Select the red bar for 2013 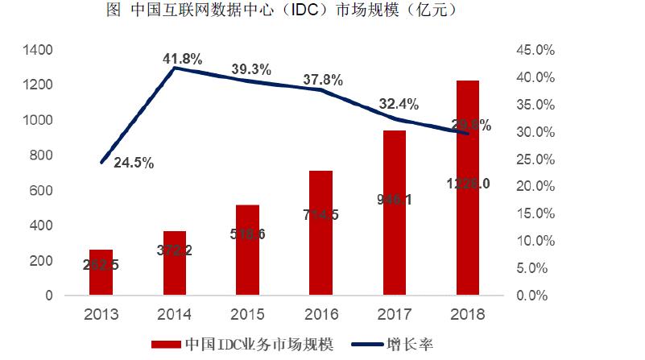pyautogui.click(x=101, y=272)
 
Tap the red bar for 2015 pyautogui.click(x=248, y=250)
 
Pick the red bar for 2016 pyautogui.click(x=321, y=233)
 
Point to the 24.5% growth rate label pyautogui.click(x=134, y=163)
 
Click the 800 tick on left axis pyautogui.click(x=43, y=155)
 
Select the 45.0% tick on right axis pyautogui.click(x=532, y=50)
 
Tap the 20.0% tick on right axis pyautogui.click(x=532, y=186)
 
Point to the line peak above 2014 pyautogui.click(x=175, y=68)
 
